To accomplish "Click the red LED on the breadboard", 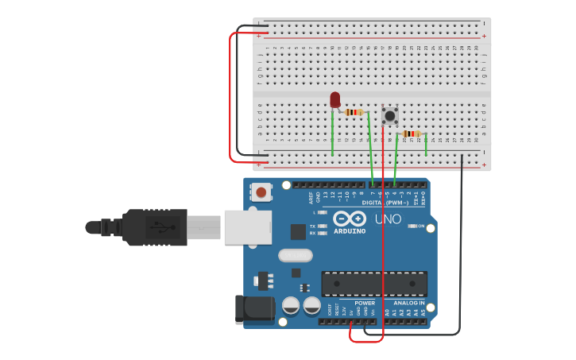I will [x=334, y=99].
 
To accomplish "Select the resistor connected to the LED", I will [x=354, y=112].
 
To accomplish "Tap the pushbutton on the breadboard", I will [x=390, y=116].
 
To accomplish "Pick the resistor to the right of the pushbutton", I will [x=411, y=134].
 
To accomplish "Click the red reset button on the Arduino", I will [x=261, y=192].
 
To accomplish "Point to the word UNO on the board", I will [x=388, y=219].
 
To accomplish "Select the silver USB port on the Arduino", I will [x=247, y=226].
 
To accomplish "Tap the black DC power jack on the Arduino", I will [x=253, y=309].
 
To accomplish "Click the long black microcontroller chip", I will [x=374, y=284].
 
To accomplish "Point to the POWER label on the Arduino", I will [x=365, y=303].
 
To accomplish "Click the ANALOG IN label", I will [x=408, y=303].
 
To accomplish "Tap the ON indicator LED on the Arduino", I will [x=412, y=226].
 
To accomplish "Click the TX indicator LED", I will [x=322, y=226].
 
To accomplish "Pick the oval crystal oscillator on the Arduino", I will [x=295, y=255].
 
